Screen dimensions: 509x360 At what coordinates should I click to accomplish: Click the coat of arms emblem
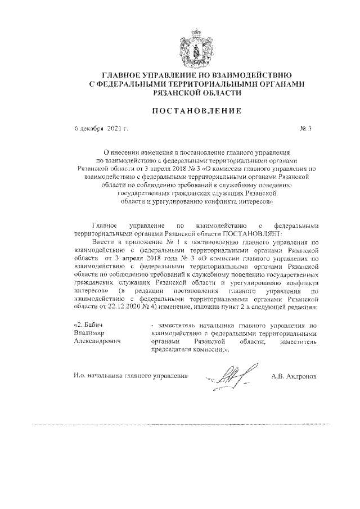(x=191, y=48)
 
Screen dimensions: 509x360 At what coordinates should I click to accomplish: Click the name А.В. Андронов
(x=294, y=375)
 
